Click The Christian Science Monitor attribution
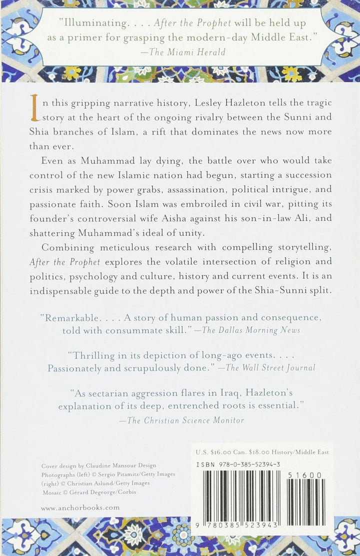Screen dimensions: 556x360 [x=186, y=420]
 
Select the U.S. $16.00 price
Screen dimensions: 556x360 [x=214, y=452]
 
